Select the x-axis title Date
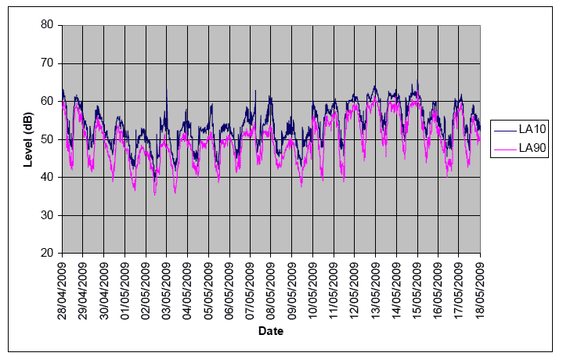(270, 331)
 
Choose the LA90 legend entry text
(531, 147)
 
